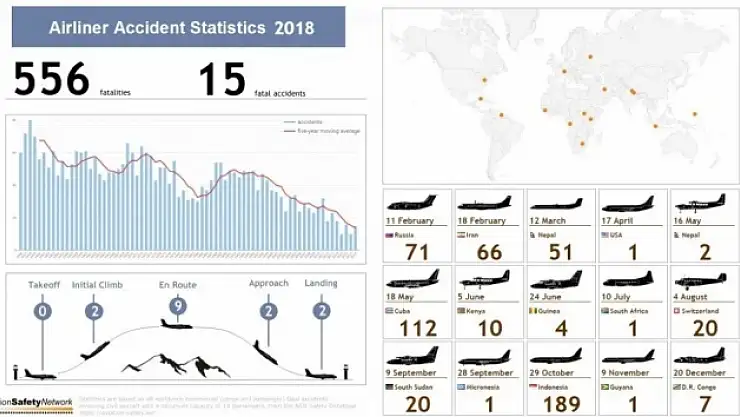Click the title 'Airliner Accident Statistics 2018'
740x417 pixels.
coord(181,28)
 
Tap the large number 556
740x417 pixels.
coord(51,81)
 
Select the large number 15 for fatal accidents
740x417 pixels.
coord(221,81)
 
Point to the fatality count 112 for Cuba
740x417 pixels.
coord(418,327)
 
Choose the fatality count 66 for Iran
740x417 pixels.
coord(489,251)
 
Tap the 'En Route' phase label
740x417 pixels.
coord(178,285)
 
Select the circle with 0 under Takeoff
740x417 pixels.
coord(42,311)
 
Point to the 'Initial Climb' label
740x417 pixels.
coord(97,285)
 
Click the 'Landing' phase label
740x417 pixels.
coord(321,284)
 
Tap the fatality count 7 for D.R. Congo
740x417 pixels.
coord(704,402)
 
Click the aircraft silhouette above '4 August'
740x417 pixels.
coord(701,280)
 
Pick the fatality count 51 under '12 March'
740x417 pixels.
coord(561,251)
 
